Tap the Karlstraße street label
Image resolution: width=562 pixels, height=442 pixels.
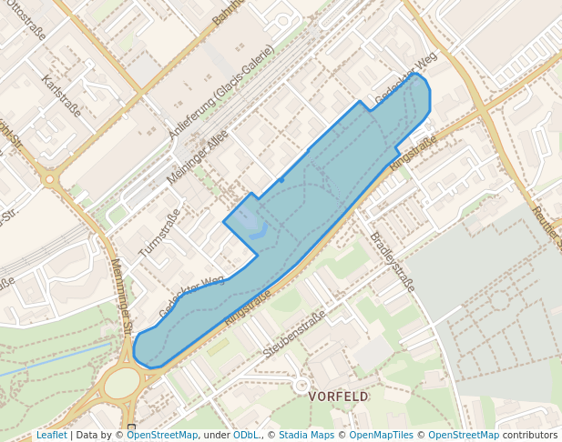click(x=62, y=96)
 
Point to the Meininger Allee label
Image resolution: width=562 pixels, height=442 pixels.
click(x=198, y=156)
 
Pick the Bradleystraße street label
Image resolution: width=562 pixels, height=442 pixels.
click(x=392, y=261)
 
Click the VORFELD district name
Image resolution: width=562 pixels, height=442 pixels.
click(x=339, y=397)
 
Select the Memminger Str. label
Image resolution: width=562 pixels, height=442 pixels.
click(x=121, y=296)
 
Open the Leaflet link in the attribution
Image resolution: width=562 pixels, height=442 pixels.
click(x=51, y=435)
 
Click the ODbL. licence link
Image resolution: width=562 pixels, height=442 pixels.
click(x=246, y=435)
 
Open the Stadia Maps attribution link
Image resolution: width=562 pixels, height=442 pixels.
click(x=306, y=435)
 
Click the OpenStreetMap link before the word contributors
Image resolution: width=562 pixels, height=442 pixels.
click(x=464, y=435)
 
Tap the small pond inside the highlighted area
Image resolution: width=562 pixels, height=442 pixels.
click(x=246, y=218)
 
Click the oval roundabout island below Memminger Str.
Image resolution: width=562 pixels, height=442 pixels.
click(x=122, y=382)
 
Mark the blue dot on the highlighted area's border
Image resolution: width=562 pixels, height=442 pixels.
click(x=281, y=180)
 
